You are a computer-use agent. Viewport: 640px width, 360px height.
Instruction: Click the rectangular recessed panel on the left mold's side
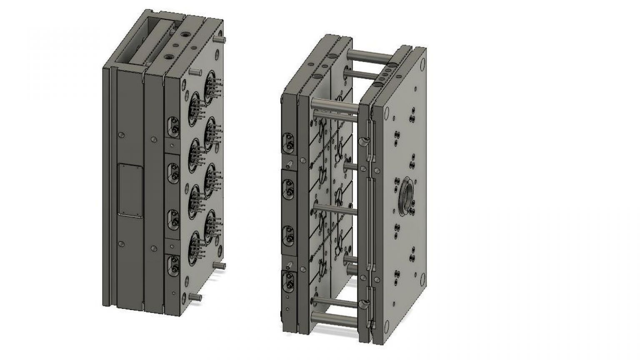[129, 190]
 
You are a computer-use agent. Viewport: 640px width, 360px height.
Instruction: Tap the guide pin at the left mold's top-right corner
[221, 39]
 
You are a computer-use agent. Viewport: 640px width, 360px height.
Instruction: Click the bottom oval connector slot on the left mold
[172, 265]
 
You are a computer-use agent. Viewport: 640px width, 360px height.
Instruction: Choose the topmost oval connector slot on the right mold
[288, 142]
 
